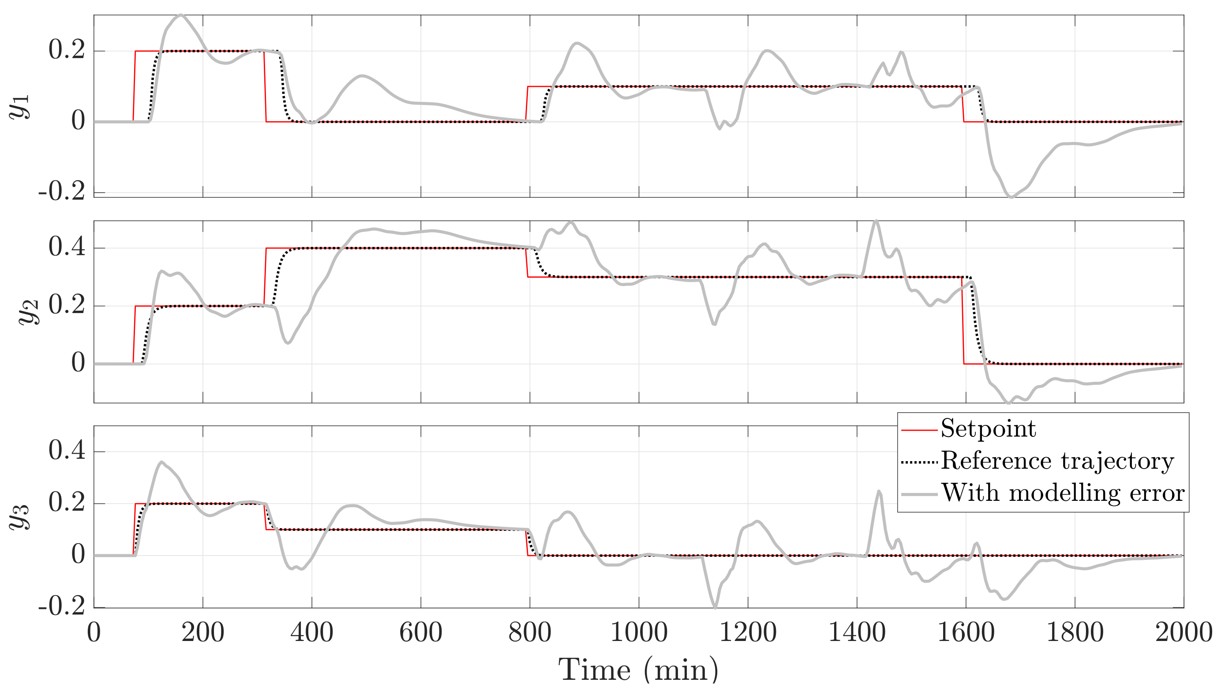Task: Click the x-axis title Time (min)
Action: (638, 670)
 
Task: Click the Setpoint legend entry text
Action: (988, 429)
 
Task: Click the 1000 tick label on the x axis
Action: (639, 633)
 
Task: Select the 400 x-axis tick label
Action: (312, 633)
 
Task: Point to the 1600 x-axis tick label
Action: (966, 633)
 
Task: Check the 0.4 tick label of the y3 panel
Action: (67, 450)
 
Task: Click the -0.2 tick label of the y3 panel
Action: (62, 607)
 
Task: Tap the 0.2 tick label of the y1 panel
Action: (67, 50)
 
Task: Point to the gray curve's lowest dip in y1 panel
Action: (1011, 196)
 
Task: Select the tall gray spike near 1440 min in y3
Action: (879, 492)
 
